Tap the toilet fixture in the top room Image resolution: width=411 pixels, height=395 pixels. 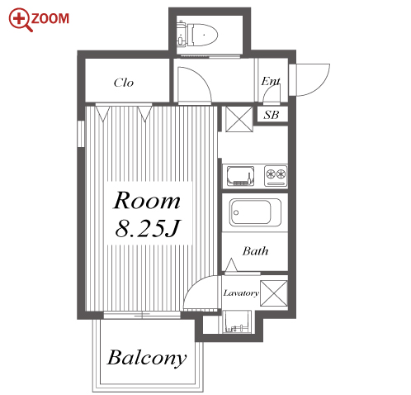(x=197, y=35)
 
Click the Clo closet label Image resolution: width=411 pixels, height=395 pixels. (x=124, y=83)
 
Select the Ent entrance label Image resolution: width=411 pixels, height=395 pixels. (x=271, y=81)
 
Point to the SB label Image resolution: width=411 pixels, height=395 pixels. (x=272, y=115)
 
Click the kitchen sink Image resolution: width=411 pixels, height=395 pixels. (x=240, y=176)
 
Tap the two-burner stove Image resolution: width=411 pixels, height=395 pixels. (x=276, y=175)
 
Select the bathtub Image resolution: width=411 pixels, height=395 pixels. (x=255, y=212)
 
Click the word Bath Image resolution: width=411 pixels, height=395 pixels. (x=255, y=251)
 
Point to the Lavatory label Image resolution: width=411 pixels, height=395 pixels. (x=241, y=293)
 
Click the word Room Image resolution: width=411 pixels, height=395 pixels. (x=147, y=200)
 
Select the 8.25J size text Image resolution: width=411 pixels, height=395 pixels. (x=148, y=228)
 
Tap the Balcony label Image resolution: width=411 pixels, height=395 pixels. (x=147, y=358)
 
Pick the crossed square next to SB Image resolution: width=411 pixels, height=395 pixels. (x=239, y=119)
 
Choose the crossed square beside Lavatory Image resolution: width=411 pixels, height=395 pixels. (x=274, y=293)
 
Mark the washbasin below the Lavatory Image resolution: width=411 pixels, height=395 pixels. (x=237, y=322)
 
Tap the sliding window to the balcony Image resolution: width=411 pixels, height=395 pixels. (x=142, y=315)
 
